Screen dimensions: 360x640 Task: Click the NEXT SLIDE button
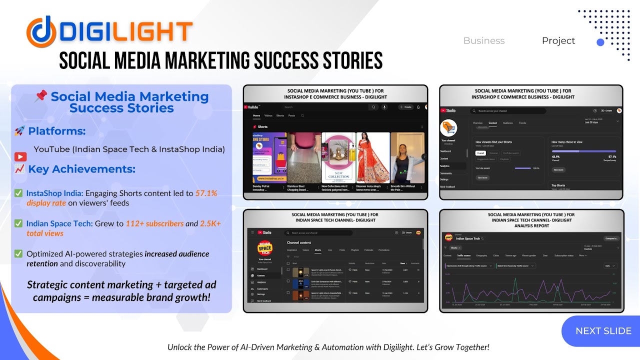click(603, 331)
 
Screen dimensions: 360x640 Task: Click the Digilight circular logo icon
click(41, 31)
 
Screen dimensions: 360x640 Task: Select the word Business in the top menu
click(484, 41)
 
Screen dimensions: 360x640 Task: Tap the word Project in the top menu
click(558, 41)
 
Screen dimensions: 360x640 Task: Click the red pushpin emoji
click(41, 96)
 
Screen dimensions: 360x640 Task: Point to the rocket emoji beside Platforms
click(20, 131)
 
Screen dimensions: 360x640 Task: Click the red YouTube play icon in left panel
click(20, 157)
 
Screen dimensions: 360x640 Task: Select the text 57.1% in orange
click(206, 193)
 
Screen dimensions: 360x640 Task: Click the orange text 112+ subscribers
click(154, 223)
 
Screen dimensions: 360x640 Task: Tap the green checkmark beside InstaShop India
click(18, 193)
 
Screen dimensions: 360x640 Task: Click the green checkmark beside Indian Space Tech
click(18, 223)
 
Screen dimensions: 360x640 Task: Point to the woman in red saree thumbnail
click(372, 157)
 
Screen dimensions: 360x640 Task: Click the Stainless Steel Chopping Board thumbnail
click(304, 157)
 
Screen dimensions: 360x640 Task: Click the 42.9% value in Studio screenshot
click(555, 156)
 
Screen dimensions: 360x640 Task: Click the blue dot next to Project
click(600, 42)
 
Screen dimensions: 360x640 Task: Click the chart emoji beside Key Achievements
click(20, 168)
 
